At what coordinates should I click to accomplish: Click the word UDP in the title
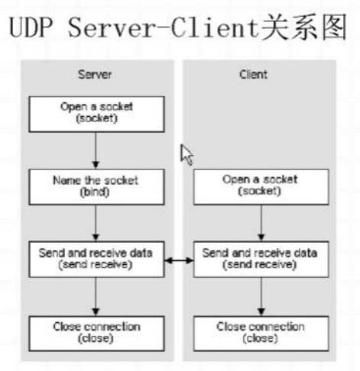tap(31, 27)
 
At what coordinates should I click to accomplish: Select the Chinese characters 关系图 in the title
tap(304, 27)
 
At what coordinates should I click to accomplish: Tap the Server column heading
tap(95, 74)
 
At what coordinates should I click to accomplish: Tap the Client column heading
tap(253, 74)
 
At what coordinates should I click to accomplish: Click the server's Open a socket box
tap(96, 114)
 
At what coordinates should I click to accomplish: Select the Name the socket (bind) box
tap(96, 187)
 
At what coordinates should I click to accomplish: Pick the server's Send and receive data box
tap(96, 260)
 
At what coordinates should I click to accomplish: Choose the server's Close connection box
tap(96, 334)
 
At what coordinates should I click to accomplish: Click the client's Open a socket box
tap(261, 187)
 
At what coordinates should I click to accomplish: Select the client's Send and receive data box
tap(261, 260)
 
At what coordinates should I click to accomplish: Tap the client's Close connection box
tap(261, 334)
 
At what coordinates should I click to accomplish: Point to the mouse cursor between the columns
tap(186, 155)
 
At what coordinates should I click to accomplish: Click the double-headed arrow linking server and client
tap(179, 260)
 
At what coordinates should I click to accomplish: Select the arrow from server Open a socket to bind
tap(96, 150)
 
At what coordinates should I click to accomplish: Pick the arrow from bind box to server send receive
tap(96, 223)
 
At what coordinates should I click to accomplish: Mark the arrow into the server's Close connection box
tap(96, 297)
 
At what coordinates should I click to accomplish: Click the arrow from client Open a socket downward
tap(261, 223)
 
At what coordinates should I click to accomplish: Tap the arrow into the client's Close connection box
tap(261, 297)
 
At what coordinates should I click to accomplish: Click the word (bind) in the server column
tap(95, 192)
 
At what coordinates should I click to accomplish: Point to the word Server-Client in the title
tap(163, 27)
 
